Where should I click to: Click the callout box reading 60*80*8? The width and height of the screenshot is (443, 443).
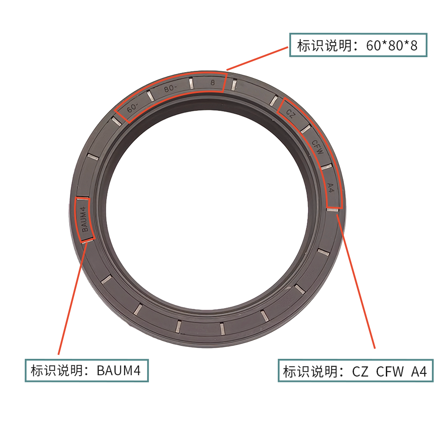coord(358,45)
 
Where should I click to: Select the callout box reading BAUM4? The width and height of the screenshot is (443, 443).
coord(87,370)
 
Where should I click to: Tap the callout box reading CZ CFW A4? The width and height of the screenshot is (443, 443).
coord(355,371)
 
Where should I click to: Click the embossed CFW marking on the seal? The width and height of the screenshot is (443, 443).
coord(318,147)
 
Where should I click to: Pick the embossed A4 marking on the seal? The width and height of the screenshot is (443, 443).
coord(330,187)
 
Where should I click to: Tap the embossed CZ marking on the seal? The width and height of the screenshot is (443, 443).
coord(291,113)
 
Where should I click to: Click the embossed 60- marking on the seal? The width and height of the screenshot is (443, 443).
coord(132,108)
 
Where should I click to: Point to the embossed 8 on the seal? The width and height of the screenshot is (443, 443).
coord(213,82)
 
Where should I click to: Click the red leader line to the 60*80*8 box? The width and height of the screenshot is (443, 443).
coord(257,58)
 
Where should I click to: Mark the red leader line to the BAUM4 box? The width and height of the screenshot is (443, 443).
coord(73,297)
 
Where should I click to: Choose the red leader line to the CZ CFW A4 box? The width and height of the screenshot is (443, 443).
coord(356,281)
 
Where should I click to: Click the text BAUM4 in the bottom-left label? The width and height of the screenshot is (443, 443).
coord(119,371)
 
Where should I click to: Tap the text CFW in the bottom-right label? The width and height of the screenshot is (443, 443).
coord(390,371)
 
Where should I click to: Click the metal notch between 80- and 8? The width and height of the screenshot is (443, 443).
coord(191,83)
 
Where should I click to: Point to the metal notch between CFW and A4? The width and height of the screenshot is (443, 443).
coord(326,167)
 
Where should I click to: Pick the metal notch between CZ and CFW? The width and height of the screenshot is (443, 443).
coord(305,129)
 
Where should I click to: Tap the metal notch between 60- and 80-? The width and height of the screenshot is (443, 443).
coord(151,96)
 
